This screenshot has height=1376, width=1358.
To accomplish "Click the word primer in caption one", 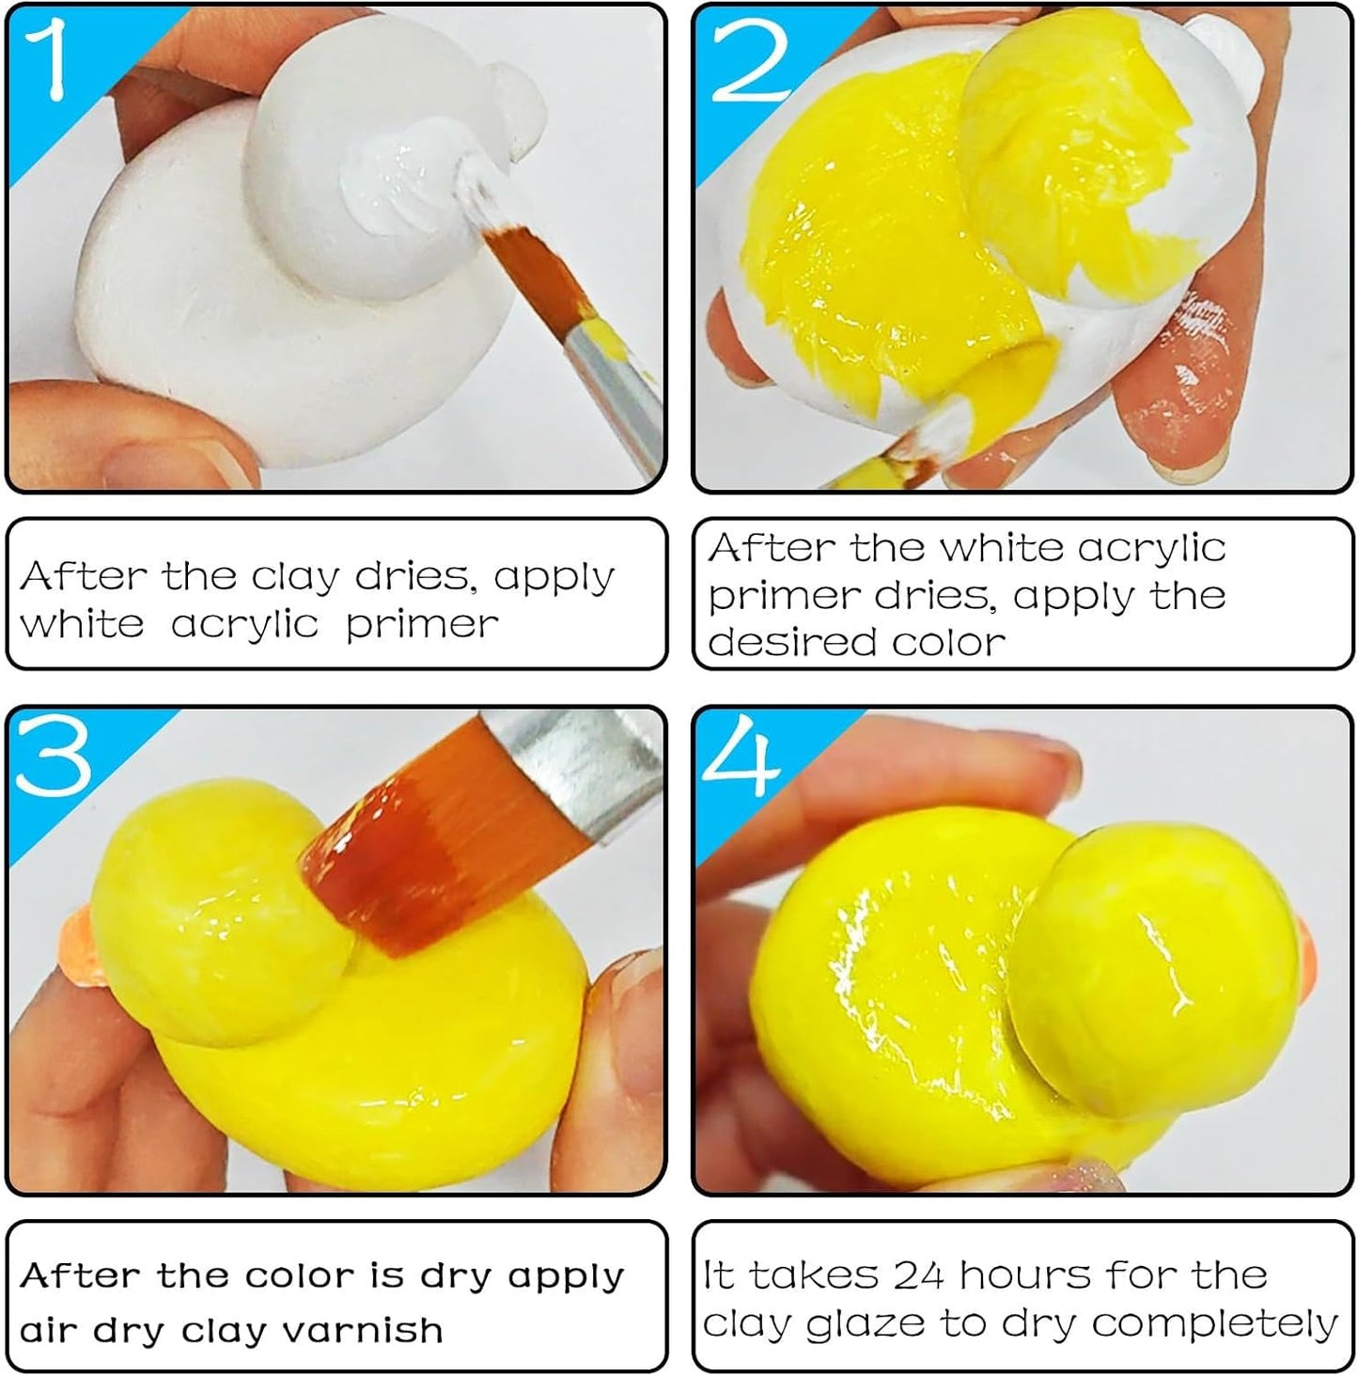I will (x=422, y=624).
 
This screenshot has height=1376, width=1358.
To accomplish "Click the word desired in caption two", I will (x=790, y=643).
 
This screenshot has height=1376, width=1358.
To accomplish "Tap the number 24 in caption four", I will (x=920, y=1275).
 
